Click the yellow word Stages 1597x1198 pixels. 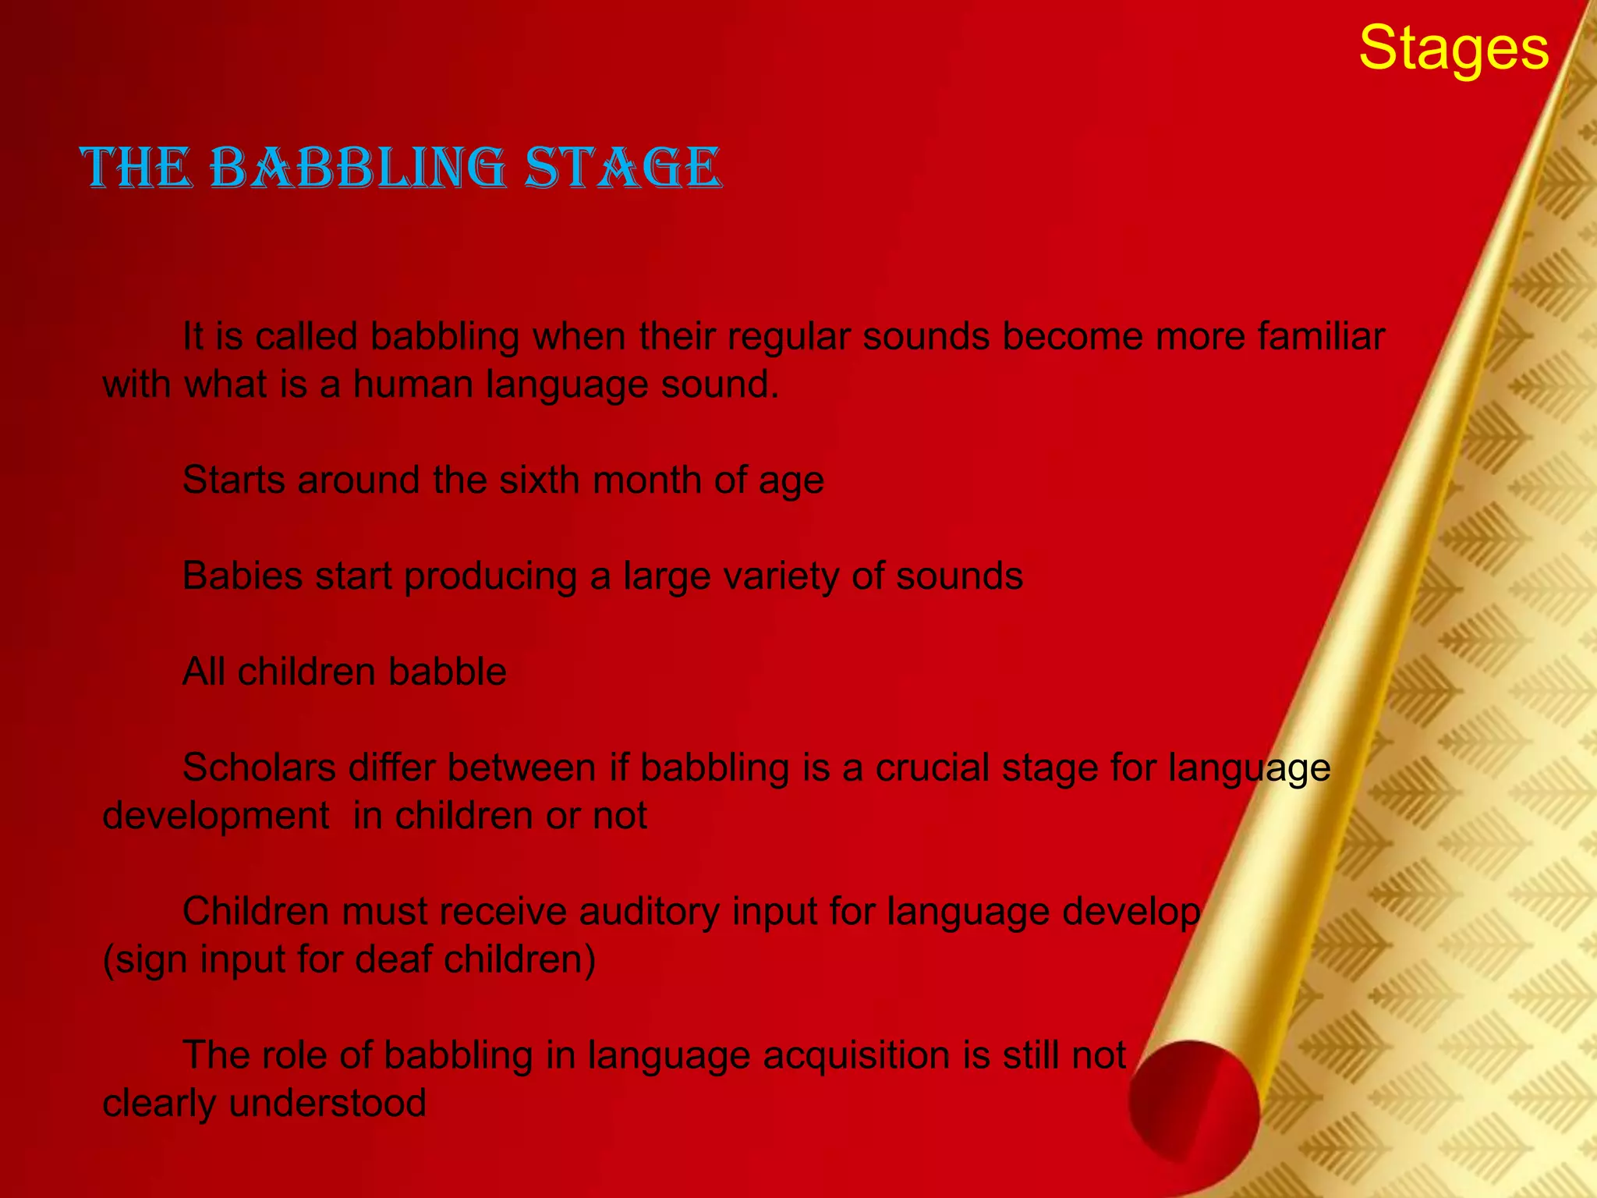[x=1453, y=48]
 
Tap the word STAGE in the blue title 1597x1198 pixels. [x=623, y=168]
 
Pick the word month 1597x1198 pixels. [x=646, y=480]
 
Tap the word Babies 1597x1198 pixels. [x=242, y=576]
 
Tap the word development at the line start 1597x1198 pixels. [x=216, y=816]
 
